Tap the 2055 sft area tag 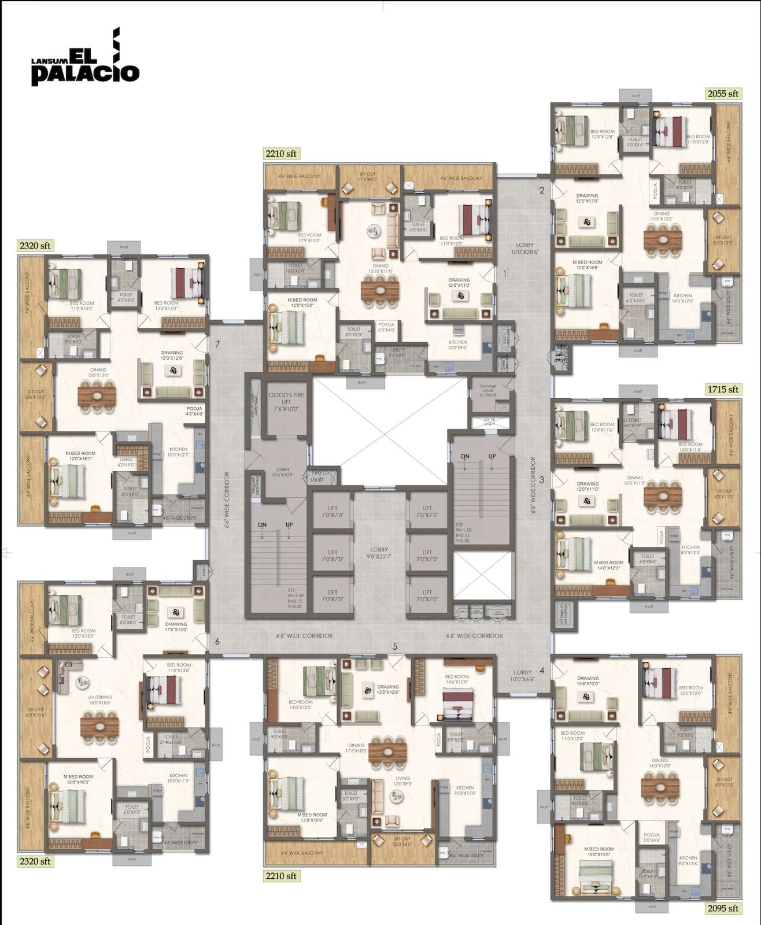coord(723,93)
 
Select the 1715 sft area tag coord(723,389)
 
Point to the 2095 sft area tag coord(723,908)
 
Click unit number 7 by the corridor coord(217,345)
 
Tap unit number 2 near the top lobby coord(542,191)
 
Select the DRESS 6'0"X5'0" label coord(126,462)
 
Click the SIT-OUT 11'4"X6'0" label coord(368,177)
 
